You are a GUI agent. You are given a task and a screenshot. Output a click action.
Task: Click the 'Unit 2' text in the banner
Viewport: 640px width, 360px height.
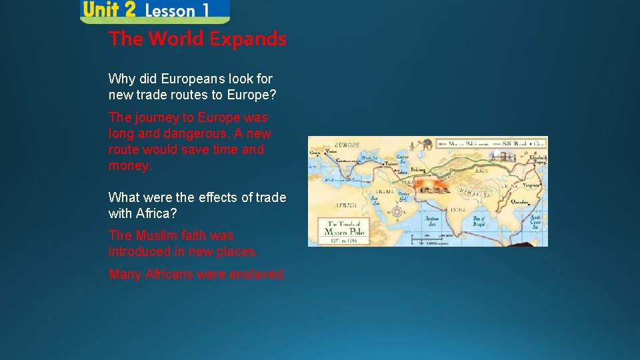(x=109, y=10)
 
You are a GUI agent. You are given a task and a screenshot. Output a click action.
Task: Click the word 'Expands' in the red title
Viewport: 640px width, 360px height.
(x=247, y=39)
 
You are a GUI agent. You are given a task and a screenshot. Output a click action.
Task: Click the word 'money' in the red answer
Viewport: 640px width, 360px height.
(x=129, y=165)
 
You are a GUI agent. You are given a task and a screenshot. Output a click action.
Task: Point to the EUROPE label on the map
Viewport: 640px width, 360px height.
(x=347, y=145)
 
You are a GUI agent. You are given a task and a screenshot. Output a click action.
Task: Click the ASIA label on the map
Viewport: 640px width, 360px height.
(x=483, y=171)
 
